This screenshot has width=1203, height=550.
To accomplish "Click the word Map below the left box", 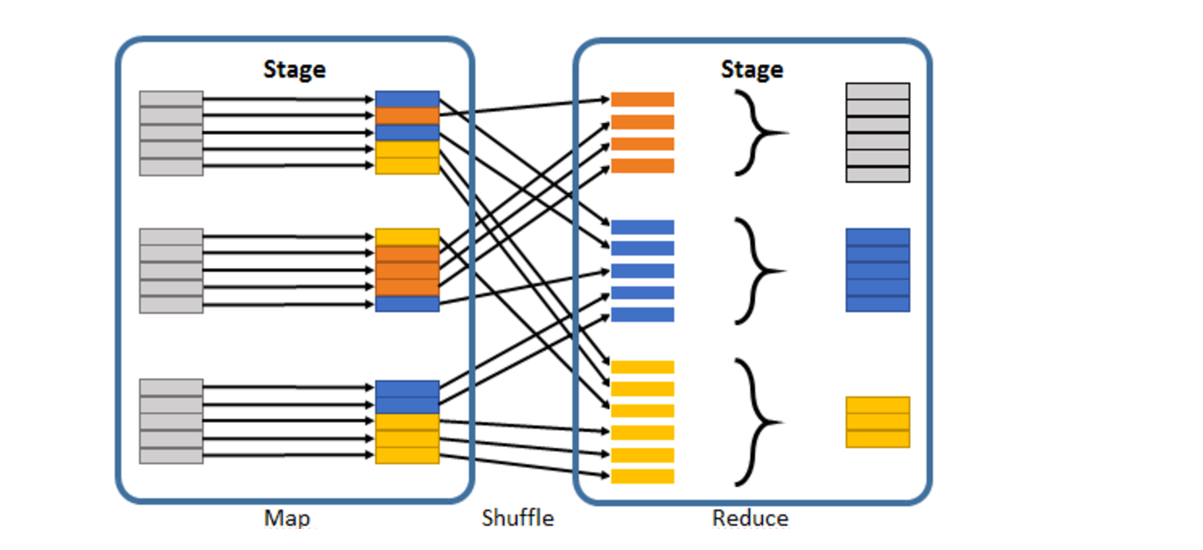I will (x=286, y=518).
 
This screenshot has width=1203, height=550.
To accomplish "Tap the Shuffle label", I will (x=517, y=518).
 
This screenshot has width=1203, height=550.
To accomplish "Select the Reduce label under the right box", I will (x=749, y=518).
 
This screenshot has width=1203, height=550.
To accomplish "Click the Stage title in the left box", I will (x=294, y=70).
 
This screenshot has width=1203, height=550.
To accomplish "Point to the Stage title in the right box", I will (x=752, y=70).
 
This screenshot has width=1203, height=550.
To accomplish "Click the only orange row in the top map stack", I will (x=407, y=116).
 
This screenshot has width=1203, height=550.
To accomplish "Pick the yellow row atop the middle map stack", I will (x=407, y=237).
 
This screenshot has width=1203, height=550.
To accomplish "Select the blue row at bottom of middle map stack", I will (x=407, y=304).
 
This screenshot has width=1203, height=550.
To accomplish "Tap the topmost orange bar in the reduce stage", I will (x=642, y=99).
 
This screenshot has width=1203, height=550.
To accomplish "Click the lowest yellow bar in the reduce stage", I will (x=642, y=476).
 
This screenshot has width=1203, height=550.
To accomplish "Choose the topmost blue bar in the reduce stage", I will (x=642, y=227).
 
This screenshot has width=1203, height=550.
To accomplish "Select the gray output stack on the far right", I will (x=877, y=133).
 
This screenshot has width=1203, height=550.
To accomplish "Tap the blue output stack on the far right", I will (x=877, y=270).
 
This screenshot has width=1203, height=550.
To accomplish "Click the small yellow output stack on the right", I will (x=877, y=421).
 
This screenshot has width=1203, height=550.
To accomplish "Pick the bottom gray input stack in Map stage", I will (x=171, y=421).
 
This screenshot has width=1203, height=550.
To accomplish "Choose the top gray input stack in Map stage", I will (x=171, y=133).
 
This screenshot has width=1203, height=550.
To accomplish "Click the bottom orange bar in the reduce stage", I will (x=642, y=166).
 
